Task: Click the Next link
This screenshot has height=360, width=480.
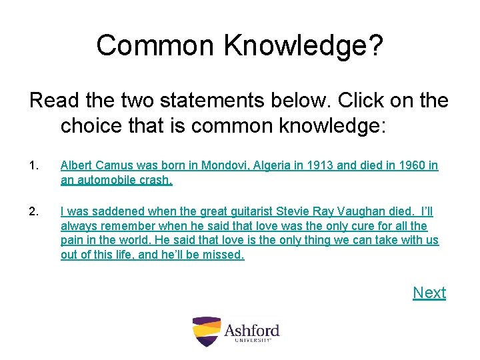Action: [x=429, y=293]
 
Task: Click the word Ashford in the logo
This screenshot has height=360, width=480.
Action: [x=251, y=330]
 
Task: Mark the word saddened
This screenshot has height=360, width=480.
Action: [x=118, y=211]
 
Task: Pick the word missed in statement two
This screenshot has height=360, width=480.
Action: [x=225, y=255]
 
